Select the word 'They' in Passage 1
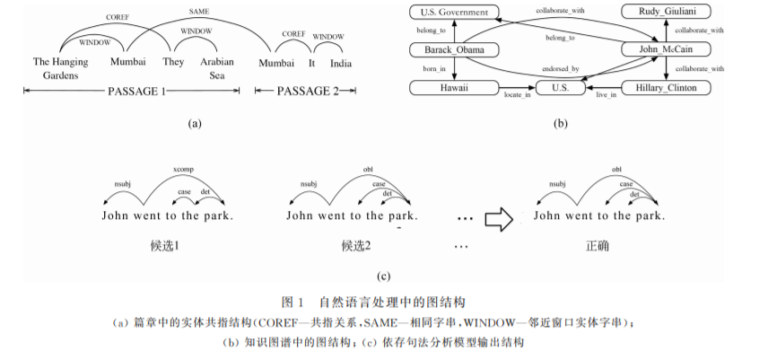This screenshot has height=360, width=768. coord(174,63)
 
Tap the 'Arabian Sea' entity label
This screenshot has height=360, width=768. coord(218,69)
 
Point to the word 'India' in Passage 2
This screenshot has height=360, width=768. coord(341,63)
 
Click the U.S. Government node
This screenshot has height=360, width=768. coord(453,13)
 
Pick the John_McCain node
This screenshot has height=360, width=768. coord(665,49)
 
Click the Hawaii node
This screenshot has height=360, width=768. coord(453,88)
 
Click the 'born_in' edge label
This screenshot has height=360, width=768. coord(436,69)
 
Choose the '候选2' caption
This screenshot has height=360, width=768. coord(356,245)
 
